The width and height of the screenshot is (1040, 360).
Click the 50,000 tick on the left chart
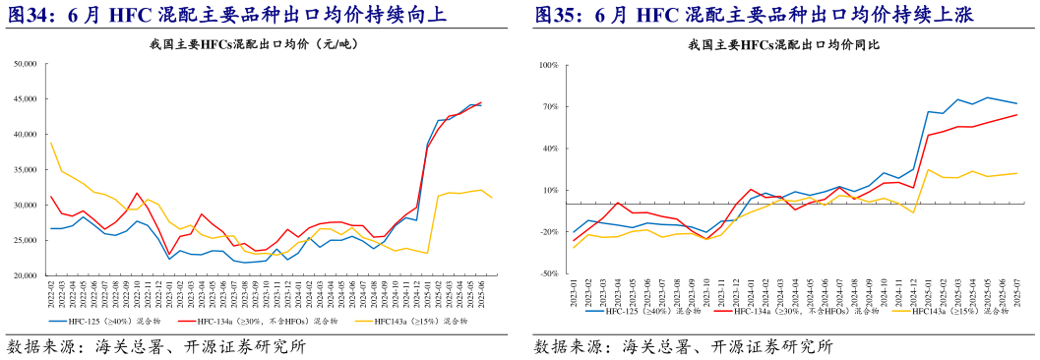coord(24,65)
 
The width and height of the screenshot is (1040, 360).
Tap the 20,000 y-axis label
coord(24,275)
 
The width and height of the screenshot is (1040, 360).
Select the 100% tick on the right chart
coord(547,65)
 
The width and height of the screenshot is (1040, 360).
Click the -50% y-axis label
coord(547,274)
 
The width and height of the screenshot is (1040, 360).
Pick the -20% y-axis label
coord(547,232)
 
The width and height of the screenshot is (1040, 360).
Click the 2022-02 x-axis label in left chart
coord(50,294)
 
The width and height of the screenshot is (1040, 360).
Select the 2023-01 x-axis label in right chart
coord(574,294)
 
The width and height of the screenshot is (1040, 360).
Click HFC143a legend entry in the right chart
coord(949,311)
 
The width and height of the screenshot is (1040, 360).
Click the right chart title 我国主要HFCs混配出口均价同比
coord(784,45)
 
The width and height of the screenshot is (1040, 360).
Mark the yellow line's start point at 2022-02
coord(50,142)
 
